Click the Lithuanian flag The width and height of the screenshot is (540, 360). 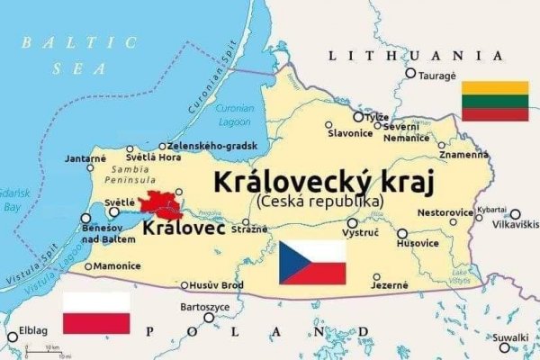click(x=494, y=100)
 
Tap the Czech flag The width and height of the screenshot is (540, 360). click(x=312, y=262)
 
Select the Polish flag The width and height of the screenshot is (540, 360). click(x=96, y=313)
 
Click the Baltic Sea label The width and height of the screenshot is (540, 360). click(x=81, y=55)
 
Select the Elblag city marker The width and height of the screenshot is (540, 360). click(x=12, y=337)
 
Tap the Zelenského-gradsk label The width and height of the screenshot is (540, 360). click(x=212, y=146)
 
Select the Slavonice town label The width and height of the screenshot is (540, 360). click(x=350, y=133)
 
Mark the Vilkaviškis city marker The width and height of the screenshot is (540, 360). click(x=514, y=214)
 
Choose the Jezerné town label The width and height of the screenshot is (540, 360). click(x=390, y=286)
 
